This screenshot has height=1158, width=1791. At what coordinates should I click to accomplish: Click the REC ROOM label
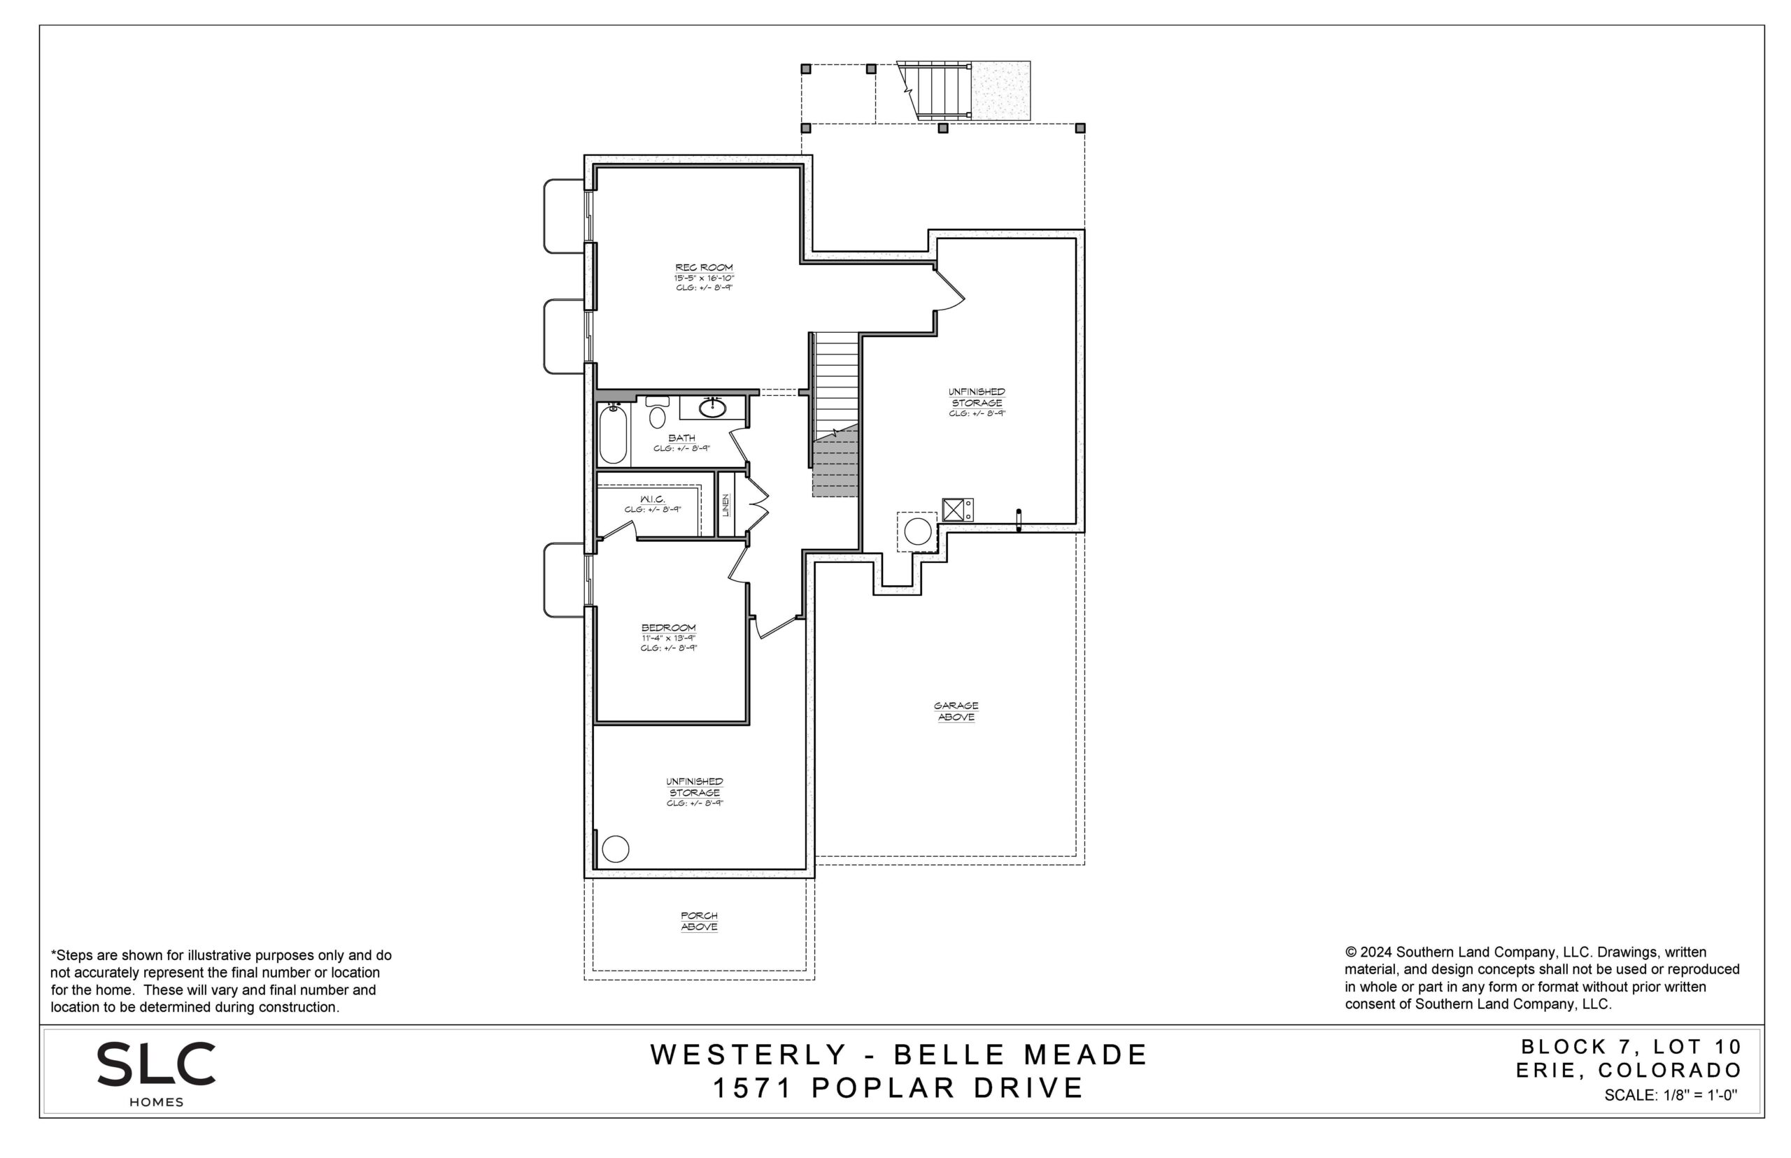pyautogui.click(x=703, y=268)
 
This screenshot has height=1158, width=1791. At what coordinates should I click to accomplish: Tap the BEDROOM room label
pyautogui.click(x=668, y=628)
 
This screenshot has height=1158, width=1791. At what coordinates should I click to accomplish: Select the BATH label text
pyautogui.click(x=681, y=438)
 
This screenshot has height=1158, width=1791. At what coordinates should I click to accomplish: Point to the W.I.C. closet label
pyautogui.click(x=652, y=499)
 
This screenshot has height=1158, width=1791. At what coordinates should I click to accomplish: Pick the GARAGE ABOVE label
pyautogui.click(x=956, y=711)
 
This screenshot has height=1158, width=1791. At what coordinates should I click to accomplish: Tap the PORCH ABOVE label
pyautogui.click(x=699, y=921)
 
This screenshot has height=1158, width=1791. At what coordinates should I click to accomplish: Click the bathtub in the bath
pyautogui.click(x=612, y=434)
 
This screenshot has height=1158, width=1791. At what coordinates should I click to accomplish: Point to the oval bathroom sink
pyautogui.click(x=712, y=408)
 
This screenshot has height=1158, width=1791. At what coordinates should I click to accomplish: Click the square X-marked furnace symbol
pyautogui.click(x=954, y=510)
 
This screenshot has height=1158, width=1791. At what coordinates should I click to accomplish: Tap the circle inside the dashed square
pyautogui.click(x=918, y=531)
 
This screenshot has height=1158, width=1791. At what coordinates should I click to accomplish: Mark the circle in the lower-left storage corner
pyautogui.click(x=615, y=849)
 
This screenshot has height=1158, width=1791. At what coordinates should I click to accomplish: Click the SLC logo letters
pyautogui.click(x=156, y=1064)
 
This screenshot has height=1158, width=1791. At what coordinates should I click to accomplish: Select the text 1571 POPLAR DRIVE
pyautogui.click(x=898, y=1088)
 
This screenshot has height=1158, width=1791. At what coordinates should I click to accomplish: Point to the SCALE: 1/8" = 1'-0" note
pyautogui.click(x=1671, y=1096)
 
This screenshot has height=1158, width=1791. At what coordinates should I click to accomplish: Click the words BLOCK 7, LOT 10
pyautogui.click(x=1631, y=1047)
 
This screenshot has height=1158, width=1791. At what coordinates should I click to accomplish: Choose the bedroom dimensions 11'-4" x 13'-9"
pyautogui.click(x=668, y=638)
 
